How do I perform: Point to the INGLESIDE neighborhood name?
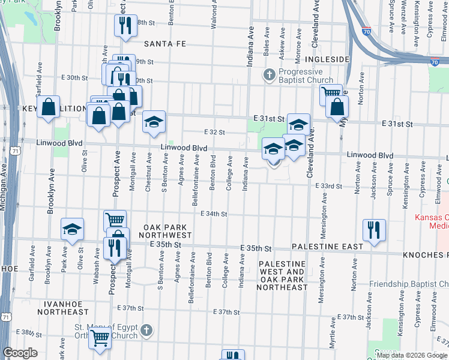coord(327,60)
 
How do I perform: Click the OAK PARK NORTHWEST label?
coord(166,232)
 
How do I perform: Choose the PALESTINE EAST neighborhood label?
coord(327,247)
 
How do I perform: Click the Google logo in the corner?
coord(20,353)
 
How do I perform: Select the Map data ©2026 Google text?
coord(411,356)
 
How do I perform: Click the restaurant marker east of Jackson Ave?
coord(374,230)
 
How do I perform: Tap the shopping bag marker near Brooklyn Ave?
coord(49,107)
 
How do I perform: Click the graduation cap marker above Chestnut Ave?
coord(154,122)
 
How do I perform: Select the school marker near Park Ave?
coord(73,229)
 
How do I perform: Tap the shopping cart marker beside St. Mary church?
coord(100,338)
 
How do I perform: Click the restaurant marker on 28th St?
coord(125,25)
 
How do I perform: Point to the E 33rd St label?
coord(328,186)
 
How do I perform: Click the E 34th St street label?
coord(214,214)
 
